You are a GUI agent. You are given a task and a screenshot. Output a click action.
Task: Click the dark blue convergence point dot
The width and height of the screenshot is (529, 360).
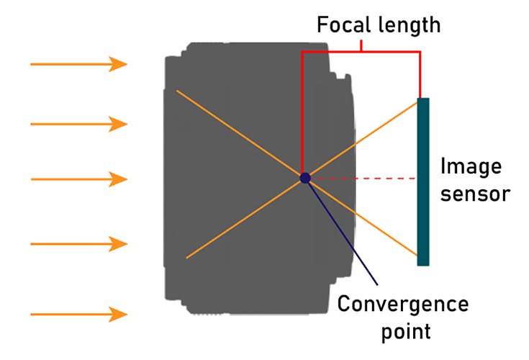tap(305, 177)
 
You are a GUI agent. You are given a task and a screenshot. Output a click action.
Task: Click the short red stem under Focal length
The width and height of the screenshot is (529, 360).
tap(362, 45)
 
